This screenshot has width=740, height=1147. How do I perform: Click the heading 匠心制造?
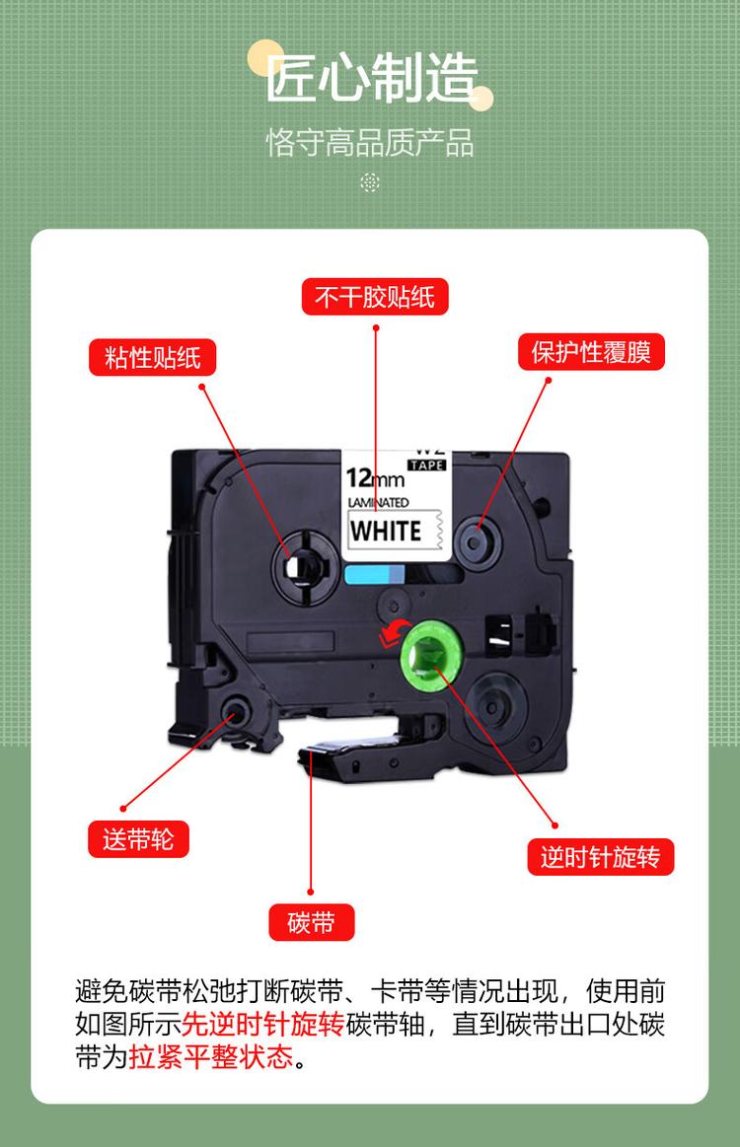click(371, 79)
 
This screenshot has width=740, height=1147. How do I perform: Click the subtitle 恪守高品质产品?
click(370, 143)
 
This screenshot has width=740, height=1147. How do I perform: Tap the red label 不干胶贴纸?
click(375, 297)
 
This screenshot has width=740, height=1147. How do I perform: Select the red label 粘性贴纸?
click(153, 357)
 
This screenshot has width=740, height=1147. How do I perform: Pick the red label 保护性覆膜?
click(591, 352)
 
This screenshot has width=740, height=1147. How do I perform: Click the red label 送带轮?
click(138, 838)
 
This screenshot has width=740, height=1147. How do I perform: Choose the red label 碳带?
click(312, 923)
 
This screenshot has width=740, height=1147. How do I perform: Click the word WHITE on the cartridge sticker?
click(386, 530)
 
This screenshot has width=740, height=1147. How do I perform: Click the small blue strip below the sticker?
click(375, 575)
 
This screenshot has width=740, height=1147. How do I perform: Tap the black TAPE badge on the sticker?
click(427, 465)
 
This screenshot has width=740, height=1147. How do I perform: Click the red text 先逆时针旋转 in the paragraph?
click(263, 1024)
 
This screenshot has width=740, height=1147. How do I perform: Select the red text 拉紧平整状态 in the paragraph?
click(212, 1057)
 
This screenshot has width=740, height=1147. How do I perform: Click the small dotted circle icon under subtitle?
click(370, 182)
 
